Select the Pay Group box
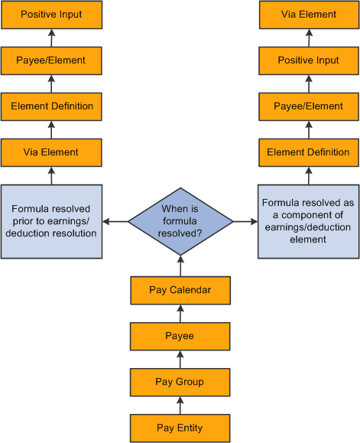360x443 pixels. tap(180, 381)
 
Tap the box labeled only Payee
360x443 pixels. tap(180, 335)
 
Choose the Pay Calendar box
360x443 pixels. tap(180, 290)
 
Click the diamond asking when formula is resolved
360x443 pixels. tap(180, 221)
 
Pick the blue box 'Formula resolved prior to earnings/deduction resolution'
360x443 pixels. tap(51, 221)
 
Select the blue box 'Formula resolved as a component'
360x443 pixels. tap(308, 221)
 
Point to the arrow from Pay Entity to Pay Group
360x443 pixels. tap(180, 404)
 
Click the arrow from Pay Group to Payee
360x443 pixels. tap(180, 358)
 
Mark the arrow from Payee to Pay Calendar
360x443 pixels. tap(180, 313)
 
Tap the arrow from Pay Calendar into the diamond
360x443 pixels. tap(180, 267)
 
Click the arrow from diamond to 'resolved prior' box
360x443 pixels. tap(115, 221)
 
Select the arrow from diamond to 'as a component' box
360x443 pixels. tap(245, 221)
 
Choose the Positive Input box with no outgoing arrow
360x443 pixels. tap(51, 15)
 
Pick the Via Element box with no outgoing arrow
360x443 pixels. tap(308, 15)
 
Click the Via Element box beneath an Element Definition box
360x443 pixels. tap(51, 152)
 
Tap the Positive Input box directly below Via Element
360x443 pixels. tap(308, 60)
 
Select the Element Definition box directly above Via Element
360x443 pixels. tap(51, 106)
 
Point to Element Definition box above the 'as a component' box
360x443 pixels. tap(308, 152)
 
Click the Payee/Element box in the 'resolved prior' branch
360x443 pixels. tap(51, 60)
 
